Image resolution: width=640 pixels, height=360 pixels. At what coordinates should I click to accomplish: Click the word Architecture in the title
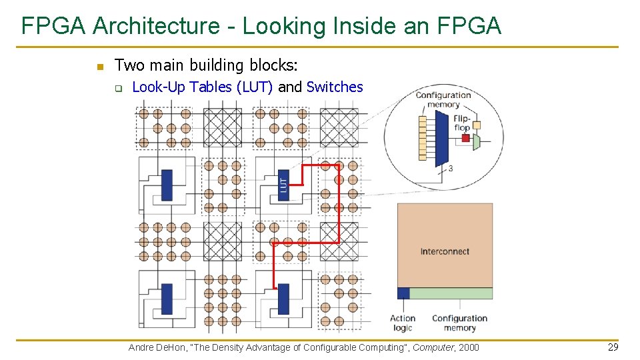[156, 26]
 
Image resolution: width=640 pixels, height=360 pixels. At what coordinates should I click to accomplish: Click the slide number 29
[613, 347]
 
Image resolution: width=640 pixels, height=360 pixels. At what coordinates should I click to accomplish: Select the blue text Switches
[335, 87]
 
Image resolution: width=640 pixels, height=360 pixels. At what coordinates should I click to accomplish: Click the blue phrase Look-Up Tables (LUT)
[203, 87]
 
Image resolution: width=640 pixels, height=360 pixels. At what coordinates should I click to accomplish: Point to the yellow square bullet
[101, 67]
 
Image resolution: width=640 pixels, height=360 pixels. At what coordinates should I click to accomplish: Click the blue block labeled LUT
[284, 185]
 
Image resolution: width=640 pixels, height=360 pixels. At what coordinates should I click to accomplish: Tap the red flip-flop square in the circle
[466, 138]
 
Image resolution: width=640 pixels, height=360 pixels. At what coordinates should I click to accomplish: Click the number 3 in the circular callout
[451, 168]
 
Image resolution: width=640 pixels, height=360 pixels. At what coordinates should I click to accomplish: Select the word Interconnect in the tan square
[445, 251]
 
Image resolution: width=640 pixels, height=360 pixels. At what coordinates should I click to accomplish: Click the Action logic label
[403, 323]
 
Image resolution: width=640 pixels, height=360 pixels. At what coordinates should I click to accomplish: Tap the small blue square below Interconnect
[403, 293]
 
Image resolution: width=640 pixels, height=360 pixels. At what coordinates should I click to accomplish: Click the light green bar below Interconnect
[451, 293]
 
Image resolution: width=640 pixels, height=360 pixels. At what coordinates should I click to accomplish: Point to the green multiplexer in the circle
[476, 142]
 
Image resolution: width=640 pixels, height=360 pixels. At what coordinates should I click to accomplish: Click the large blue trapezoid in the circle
[441, 139]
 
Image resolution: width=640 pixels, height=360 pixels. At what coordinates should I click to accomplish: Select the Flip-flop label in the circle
[462, 123]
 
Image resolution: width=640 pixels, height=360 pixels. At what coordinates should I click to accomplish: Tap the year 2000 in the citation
[469, 347]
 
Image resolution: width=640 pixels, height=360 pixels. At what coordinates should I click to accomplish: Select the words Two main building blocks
[206, 65]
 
